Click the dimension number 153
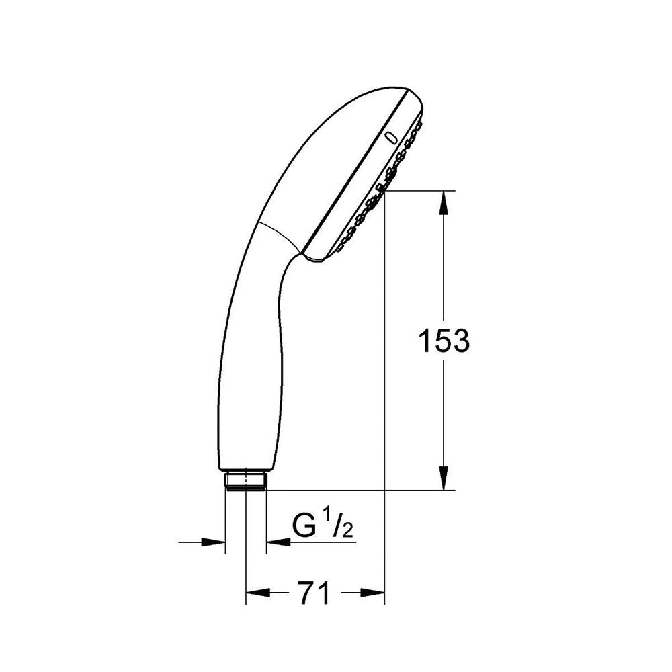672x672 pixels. (444, 341)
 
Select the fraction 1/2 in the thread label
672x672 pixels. (340, 526)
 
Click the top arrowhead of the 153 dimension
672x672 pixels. (444, 202)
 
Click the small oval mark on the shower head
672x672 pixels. (391, 137)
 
